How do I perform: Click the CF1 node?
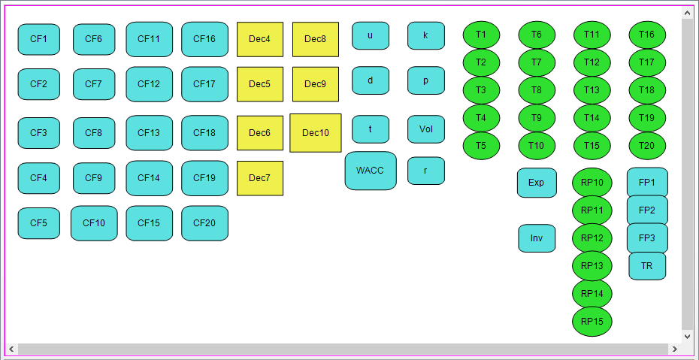pos(38,39)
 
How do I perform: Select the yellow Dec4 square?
pos(259,39)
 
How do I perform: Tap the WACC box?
pos(370,171)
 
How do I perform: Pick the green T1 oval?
pos(481,35)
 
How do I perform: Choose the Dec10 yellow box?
pos(315,133)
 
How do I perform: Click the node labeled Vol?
pos(426,129)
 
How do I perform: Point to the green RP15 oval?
pos(592,322)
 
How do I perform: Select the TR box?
pos(646,266)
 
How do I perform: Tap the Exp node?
pos(536,183)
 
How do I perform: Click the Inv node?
pos(537,238)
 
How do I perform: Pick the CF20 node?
pos(204,223)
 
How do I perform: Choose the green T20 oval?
pos(647,145)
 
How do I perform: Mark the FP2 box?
pos(647,210)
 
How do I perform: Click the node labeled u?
pos(370,35)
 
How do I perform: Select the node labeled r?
pos(425,171)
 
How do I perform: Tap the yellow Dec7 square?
pos(259,178)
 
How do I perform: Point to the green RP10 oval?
pos(592,183)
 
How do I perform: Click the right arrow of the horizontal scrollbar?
pos(674,349)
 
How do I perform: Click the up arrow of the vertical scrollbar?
pos(687,13)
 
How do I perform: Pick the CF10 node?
pos(94,223)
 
